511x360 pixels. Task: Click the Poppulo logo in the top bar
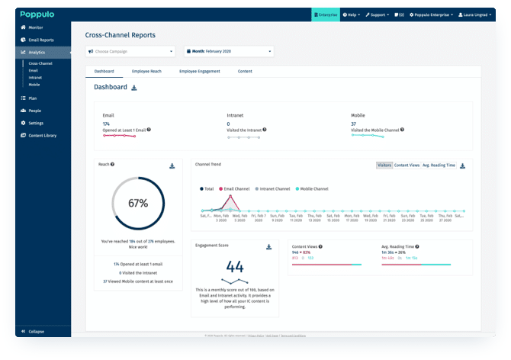36,14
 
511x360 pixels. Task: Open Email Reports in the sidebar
42,40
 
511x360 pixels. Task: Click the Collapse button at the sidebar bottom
36,331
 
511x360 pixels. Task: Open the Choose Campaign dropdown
130,51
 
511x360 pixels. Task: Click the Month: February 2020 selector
228,51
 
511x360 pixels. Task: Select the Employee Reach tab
146,71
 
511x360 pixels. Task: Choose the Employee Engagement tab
199,71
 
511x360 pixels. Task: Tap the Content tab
245,71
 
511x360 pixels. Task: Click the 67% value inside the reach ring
137,203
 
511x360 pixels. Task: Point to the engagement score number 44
234,266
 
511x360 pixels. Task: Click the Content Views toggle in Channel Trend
406,165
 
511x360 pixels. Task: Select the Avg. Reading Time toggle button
439,165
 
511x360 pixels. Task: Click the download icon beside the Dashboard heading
134,88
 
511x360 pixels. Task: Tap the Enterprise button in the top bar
325,14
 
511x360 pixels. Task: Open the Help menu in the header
352,14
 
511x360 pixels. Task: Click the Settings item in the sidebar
36,123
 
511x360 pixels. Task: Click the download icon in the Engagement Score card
268,247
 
